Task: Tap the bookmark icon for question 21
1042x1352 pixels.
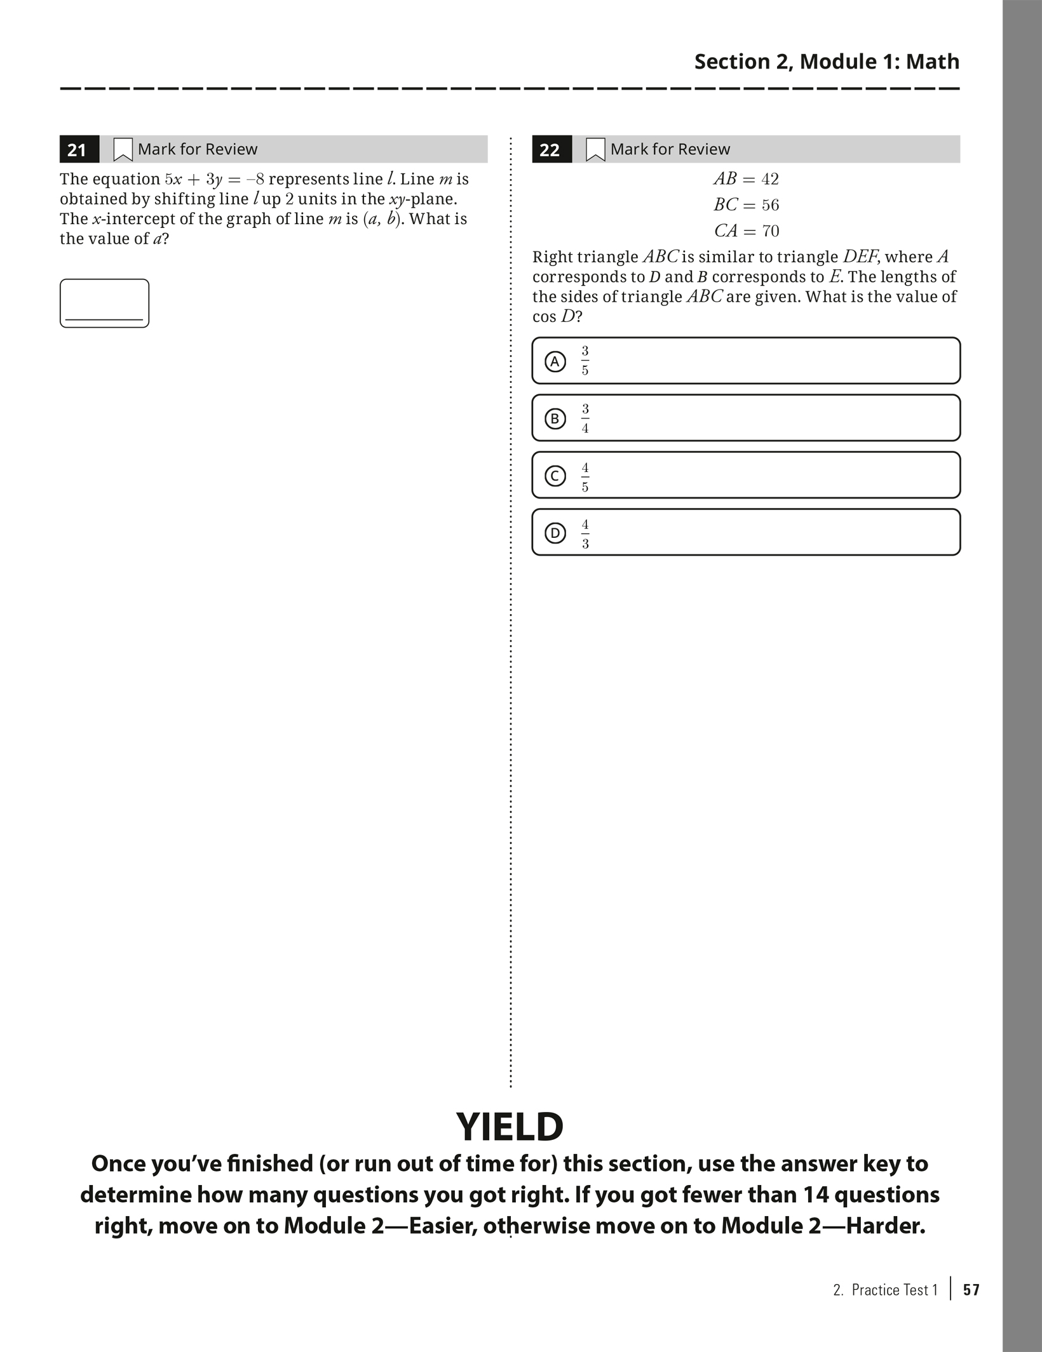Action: [x=123, y=150]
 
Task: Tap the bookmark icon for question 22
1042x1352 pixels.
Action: [x=595, y=150]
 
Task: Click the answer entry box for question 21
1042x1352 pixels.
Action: [x=104, y=304]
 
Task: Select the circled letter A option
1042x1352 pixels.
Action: [x=555, y=361]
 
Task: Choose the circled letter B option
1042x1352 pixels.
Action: [x=555, y=418]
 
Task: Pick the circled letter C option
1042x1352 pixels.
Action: [x=555, y=476]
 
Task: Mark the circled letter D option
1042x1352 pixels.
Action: [x=555, y=533]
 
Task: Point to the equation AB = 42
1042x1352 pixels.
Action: [x=746, y=179]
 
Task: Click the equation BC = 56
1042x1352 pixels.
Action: [x=746, y=205]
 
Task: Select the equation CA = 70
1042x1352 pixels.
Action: [x=746, y=231]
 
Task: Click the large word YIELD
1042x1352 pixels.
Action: [x=510, y=1127]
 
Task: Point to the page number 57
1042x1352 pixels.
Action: [x=971, y=1290]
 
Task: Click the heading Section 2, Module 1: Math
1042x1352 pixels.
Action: [x=827, y=62]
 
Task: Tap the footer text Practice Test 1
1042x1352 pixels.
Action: [x=894, y=1290]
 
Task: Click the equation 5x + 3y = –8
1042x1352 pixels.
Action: [x=214, y=180]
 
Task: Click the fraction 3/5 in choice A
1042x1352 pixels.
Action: [x=585, y=361]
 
